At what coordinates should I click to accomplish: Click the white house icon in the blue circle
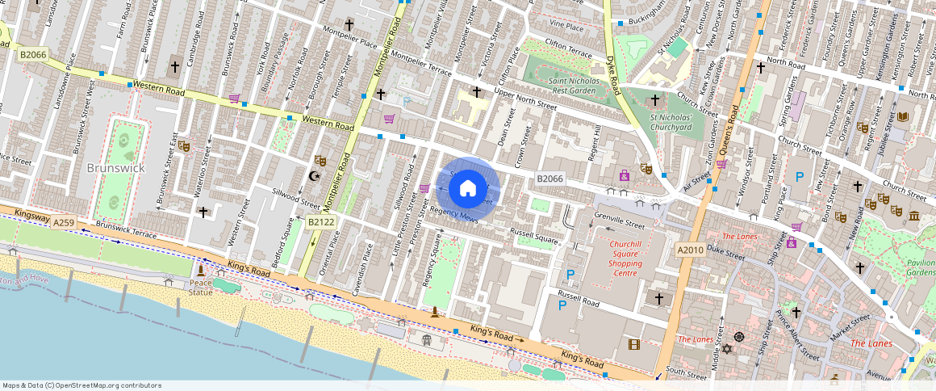[468, 190]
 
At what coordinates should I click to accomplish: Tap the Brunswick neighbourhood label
[115, 168]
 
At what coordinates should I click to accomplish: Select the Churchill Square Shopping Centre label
[625, 257]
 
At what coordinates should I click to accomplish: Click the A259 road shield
[65, 221]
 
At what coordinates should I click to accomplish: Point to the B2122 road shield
[320, 221]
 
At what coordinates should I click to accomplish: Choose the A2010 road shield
[690, 250]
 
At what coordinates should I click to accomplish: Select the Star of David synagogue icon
[726, 349]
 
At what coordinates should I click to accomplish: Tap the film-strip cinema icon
[633, 345]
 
